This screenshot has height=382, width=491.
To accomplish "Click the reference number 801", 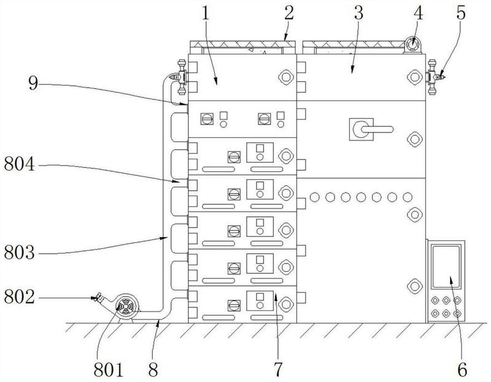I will point(109,370).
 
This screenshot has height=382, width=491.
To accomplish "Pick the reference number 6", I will point(461,369).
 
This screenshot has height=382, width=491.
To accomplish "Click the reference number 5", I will point(460,13).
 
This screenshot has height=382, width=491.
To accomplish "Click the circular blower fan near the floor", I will point(126,307).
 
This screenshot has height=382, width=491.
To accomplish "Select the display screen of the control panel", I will point(446,267).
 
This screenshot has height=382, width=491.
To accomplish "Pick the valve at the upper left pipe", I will point(179,77).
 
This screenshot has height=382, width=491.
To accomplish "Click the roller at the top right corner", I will point(412,45).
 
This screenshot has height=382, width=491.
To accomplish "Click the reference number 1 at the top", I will point(204,13).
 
